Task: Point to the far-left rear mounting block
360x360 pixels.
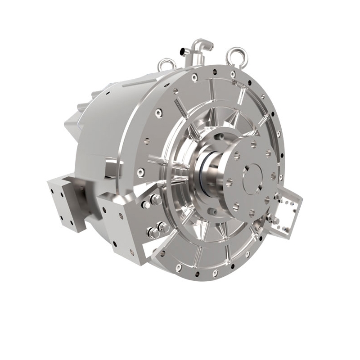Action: click(x=61, y=202)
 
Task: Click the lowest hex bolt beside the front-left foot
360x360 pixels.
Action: click(x=153, y=233)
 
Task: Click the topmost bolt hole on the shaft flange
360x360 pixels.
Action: click(x=254, y=144)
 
